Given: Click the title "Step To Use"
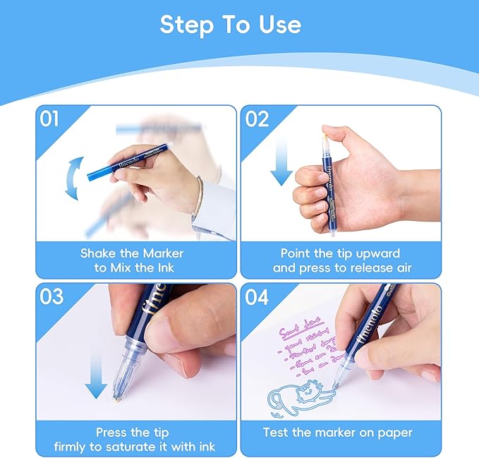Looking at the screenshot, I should coord(230,25).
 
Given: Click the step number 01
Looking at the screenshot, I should coord(49,119).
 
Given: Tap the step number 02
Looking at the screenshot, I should coord(257,119).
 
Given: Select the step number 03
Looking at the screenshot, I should coord(49,297).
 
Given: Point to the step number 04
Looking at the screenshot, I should coord(257,297).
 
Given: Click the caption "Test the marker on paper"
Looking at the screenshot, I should coord(337,433).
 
